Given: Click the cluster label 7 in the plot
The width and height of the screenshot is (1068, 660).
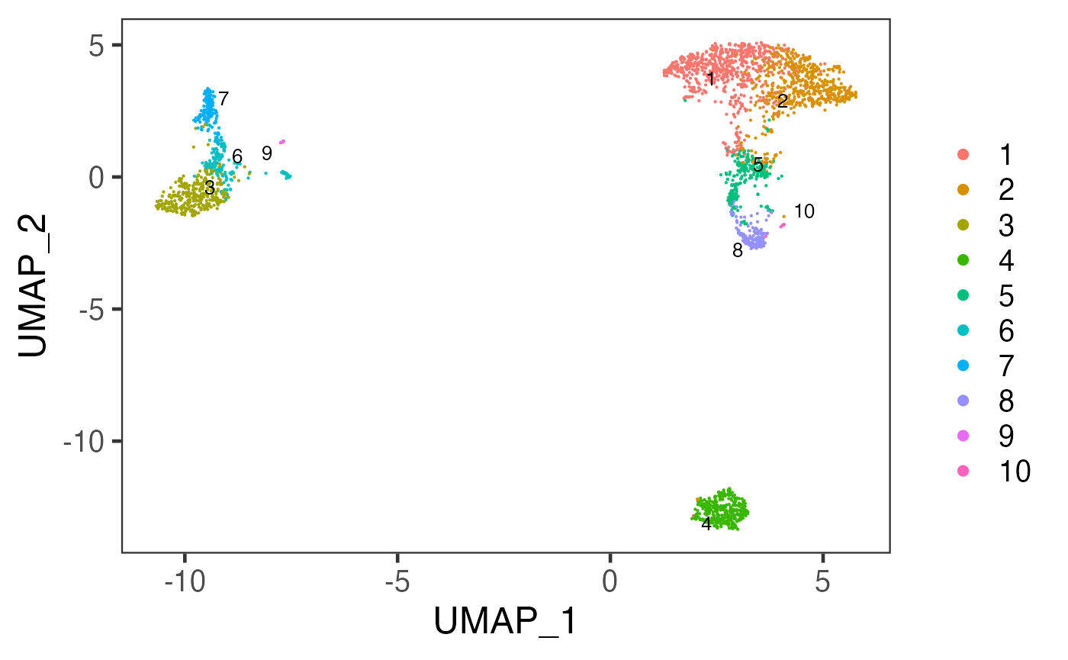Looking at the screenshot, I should [224, 98].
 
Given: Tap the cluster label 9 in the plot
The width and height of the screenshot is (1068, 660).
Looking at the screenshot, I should [266, 153].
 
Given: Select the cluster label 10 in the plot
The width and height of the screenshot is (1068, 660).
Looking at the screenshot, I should [804, 212].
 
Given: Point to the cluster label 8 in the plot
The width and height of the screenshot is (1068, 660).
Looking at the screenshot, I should [737, 250].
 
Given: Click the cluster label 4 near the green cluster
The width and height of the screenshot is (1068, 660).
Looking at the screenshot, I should [706, 523].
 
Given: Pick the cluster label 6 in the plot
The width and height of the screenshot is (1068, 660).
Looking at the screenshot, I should [237, 157].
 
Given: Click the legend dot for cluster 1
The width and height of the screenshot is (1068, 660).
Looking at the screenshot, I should [963, 154].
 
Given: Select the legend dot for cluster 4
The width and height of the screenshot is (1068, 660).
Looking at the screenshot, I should [963, 261].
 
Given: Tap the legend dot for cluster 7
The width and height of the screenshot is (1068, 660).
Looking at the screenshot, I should [963, 366].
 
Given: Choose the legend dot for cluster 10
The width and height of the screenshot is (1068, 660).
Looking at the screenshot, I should [963, 472].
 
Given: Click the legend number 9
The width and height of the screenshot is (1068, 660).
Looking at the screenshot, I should [1006, 436].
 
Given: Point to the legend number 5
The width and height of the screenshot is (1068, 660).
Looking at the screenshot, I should [1006, 296].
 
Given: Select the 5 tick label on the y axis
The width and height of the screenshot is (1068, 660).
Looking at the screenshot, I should [94, 45].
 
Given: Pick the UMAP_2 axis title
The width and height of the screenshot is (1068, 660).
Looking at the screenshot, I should [35, 285].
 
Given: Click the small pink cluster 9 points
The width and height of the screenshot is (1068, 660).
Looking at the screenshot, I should [282, 141].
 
